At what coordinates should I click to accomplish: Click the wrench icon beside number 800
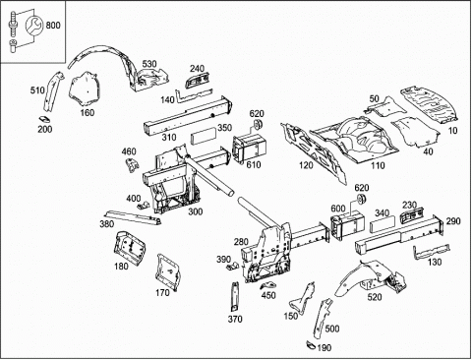(x=33, y=26)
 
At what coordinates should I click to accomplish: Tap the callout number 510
(x=37, y=90)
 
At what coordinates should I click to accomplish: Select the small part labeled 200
(x=44, y=119)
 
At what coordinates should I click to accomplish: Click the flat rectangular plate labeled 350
(x=204, y=136)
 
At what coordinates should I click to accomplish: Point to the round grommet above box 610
(x=259, y=124)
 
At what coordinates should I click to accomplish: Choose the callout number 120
(x=306, y=165)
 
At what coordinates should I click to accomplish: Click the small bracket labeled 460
(x=132, y=164)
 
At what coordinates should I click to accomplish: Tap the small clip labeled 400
(x=143, y=206)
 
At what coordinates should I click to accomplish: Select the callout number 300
(x=196, y=211)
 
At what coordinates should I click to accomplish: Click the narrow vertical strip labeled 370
(x=235, y=296)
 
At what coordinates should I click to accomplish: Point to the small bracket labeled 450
(x=268, y=285)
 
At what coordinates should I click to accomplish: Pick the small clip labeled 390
(x=233, y=266)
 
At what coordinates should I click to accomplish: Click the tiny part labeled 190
(x=311, y=344)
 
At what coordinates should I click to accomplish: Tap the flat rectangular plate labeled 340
(x=383, y=225)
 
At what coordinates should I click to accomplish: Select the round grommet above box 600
(x=361, y=199)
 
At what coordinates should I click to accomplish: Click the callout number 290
(x=453, y=221)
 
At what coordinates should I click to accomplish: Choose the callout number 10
(x=452, y=131)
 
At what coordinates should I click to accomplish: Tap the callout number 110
(x=378, y=165)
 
